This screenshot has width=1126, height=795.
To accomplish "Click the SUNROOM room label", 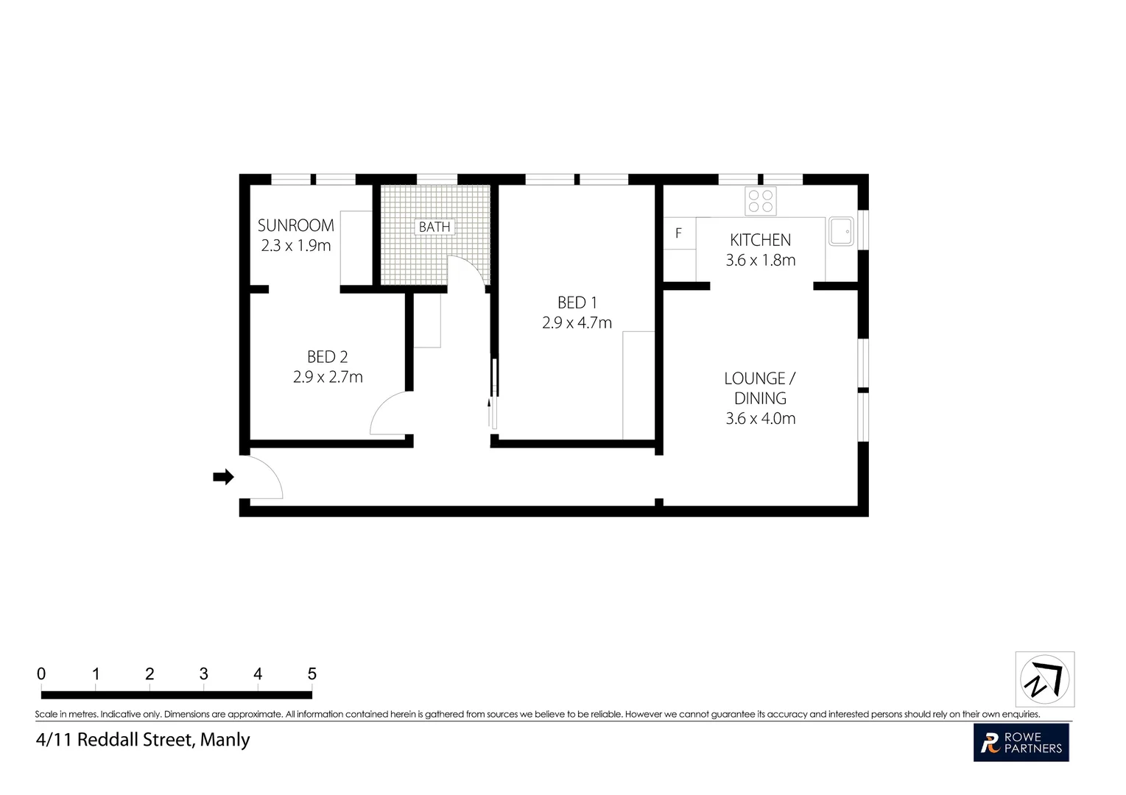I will [x=295, y=225].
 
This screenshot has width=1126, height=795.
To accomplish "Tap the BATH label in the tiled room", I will [x=434, y=227].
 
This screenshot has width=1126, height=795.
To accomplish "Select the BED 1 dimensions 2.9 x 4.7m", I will [x=577, y=323].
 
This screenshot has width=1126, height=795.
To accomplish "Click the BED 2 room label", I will [x=327, y=357].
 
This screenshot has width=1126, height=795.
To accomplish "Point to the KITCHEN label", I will [x=760, y=240].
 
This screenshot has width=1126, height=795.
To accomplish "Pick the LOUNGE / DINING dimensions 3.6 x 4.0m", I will [x=760, y=419].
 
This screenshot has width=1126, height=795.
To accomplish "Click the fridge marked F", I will [x=679, y=233].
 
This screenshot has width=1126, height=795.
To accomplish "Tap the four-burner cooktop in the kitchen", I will [x=760, y=201].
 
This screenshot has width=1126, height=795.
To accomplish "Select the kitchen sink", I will [x=840, y=231].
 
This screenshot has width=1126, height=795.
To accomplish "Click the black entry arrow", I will [x=223, y=477].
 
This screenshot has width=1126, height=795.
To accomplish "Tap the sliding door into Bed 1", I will [x=494, y=394].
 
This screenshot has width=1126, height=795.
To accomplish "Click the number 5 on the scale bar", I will [x=312, y=674].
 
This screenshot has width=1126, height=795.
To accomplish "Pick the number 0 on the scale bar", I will [x=41, y=674].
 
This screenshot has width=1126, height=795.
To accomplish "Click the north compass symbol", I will [x=1044, y=679].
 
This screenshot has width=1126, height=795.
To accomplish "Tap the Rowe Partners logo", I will [x=1021, y=743].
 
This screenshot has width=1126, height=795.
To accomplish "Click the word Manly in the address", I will [x=225, y=740].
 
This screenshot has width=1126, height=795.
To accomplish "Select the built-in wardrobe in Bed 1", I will [x=638, y=385].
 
